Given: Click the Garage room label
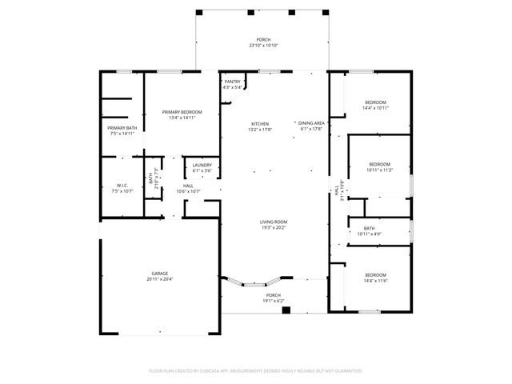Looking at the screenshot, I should click(x=160, y=273).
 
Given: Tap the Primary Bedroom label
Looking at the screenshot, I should click(x=182, y=112).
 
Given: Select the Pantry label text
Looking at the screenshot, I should click(x=233, y=82).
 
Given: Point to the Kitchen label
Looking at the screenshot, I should click(x=260, y=124).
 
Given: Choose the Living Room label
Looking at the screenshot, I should click(x=273, y=222).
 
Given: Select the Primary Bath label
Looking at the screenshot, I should click(x=122, y=128).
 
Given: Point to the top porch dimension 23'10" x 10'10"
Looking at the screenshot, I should click(x=263, y=46).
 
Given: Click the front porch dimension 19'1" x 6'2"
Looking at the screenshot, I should click(x=274, y=301).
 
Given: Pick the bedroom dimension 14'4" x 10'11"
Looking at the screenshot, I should click(x=376, y=108).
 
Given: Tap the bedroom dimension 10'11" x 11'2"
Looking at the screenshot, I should click(x=379, y=170).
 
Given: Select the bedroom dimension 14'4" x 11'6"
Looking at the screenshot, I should click(x=376, y=279).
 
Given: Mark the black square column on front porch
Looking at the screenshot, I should click(x=286, y=310).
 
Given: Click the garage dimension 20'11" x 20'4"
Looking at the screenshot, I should click(x=160, y=278).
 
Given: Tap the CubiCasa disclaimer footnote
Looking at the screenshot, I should click(x=256, y=370).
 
